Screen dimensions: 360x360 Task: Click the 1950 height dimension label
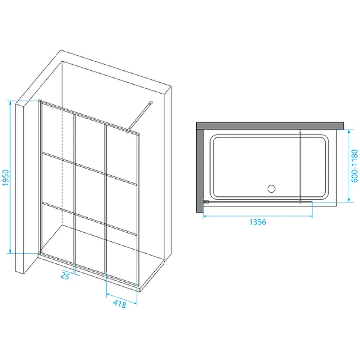click(x=5, y=178)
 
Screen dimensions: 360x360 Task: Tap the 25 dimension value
click(x=65, y=276)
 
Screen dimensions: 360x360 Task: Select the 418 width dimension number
click(x=120, y=304)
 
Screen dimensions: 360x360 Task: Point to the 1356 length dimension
click(x=257, y=222)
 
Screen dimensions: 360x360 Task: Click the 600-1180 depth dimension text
click(x=355, y=166)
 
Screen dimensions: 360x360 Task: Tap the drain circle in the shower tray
click(x=271, y=189)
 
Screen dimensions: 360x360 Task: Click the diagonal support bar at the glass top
click(x=139, y=117)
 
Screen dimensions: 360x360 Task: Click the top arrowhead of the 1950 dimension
click(x=10, y=103)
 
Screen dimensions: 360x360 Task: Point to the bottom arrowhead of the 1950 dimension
click(x=10, y=251)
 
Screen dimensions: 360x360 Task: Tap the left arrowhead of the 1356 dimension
click(x=206, y=216)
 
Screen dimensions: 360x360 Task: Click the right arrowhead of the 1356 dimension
click(x=310, y=216)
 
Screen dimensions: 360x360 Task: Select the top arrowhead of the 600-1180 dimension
click(x=349, y=132)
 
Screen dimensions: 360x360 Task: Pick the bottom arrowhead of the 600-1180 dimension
click(x=349, y=200)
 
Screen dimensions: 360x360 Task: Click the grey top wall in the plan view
click(x=270, y=126)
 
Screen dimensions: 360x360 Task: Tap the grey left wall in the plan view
click(x=200, y=171)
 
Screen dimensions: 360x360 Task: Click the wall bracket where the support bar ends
click(x=151, y=103)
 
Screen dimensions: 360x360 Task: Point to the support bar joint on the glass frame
click(x=127, y=131)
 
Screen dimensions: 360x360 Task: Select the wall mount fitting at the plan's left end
click(x=206, y=202)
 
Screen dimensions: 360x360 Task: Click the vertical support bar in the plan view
click(x=300, y=166)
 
